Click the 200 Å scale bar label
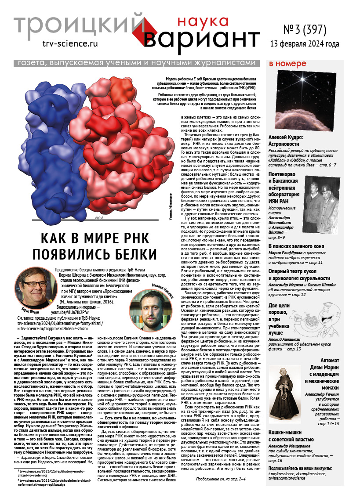click(x=100, y=218)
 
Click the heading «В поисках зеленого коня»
click(x=298, y=247)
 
